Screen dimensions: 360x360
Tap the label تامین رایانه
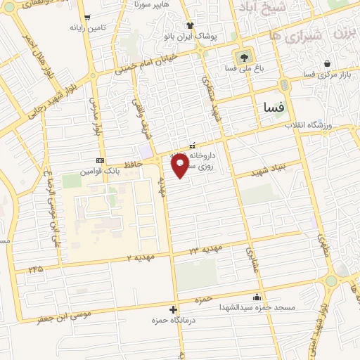[86, 28]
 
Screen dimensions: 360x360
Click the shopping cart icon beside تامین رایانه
[86, 18]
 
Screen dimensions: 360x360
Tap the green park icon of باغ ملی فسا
[243, 57]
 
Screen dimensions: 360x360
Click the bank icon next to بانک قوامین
[100, 160]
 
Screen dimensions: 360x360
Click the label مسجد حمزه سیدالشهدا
[256, 307]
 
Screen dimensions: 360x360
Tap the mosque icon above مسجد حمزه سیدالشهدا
[256, 297]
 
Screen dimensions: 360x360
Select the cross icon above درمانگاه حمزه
[174, 309]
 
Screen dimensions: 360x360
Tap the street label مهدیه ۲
[139, 257]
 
